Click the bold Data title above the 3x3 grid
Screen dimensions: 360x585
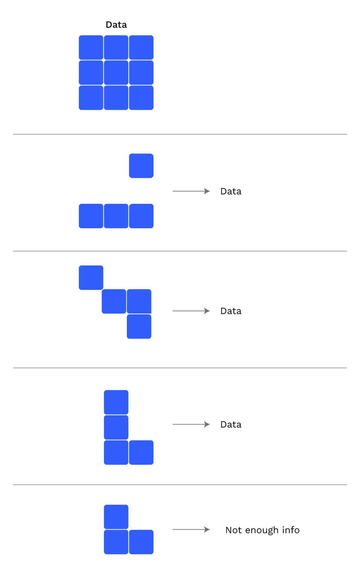[116, 25]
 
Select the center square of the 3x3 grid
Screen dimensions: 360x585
[116, 73]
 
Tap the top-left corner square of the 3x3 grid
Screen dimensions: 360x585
[91, 48]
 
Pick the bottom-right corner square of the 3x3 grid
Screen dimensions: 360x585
[141, 98]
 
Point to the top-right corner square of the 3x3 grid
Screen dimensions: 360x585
[141, 48]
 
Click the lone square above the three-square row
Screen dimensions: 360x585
[141, 166]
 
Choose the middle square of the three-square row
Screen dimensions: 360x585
[116, 216]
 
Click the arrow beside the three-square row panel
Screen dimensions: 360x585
[191, 191]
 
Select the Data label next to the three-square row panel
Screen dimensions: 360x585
[231, 191]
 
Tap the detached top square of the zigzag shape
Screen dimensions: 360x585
[91, 277]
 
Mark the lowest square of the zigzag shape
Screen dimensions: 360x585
[139, 326]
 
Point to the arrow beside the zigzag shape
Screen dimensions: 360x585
[191, 311]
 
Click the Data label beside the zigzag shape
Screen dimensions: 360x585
[231, 311]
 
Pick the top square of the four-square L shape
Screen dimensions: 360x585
[116, 402]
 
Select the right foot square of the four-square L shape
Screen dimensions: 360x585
[141, 452]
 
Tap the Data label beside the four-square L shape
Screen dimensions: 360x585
[231, 425]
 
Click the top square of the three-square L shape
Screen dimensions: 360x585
[116, 517]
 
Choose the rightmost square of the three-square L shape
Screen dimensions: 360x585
[141, 542]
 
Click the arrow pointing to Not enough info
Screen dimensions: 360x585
[191, 530]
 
